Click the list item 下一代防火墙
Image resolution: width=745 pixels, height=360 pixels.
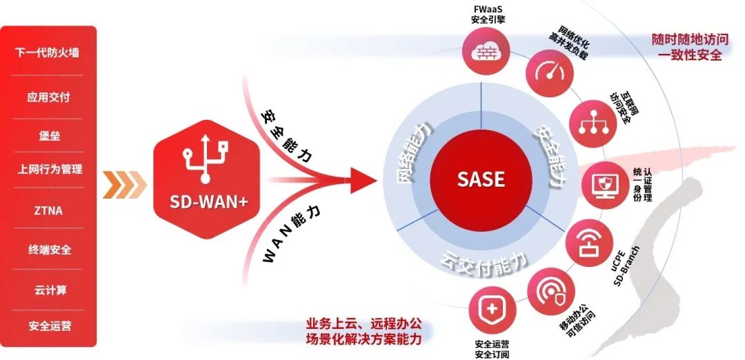[x=48, y=52]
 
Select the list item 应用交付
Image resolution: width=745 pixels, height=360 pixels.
[x=48, y=97]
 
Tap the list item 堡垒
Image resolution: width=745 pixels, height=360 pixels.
[x=48, y=135]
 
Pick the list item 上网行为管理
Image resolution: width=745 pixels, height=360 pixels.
[x=48, y=169]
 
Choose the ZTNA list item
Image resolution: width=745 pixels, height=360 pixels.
[x=48, y=210]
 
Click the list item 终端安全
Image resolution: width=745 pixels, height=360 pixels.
[x=48, y=250]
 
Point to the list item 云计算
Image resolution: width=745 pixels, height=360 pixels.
[x=48, y=290]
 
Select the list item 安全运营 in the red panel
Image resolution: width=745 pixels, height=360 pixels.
[x=48, y=326]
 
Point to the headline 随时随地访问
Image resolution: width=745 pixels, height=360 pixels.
[x=686, y=40]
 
